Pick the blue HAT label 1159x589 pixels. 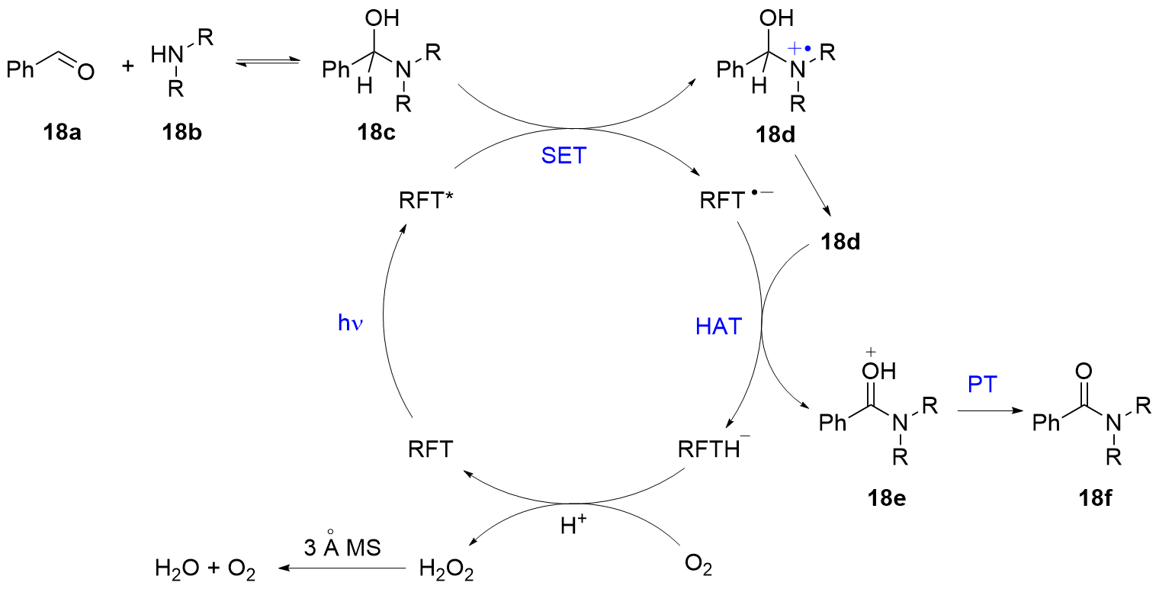click(x=718, y=327)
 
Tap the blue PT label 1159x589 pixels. click(x=982, y=384)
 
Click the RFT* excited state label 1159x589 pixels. click(x=425, y=202)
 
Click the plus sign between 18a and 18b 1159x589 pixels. click(x=127, y=67)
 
